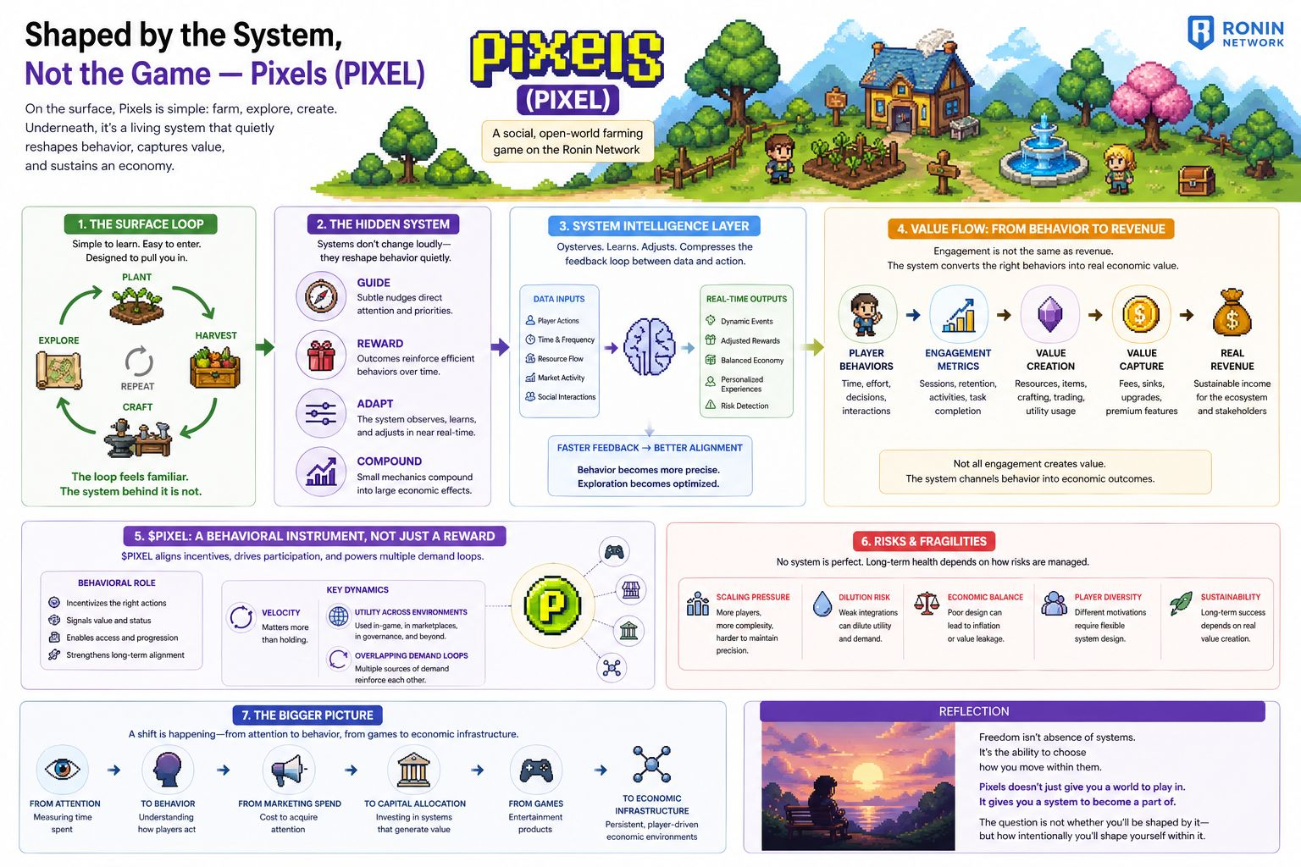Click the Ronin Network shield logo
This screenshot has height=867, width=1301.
1201,33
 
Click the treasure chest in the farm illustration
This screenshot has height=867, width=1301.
1196,179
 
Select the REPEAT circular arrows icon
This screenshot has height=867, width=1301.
138,362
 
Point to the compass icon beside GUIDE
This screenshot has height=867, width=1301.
321,296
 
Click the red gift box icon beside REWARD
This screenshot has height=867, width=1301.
321,356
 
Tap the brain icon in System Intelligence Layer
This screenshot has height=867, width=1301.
649,347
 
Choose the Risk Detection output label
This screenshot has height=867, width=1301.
744,406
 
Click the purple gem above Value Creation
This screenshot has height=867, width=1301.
1049,315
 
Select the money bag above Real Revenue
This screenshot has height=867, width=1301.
1232,314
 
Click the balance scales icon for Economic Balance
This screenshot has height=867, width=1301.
927,603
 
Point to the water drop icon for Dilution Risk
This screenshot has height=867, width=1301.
822,604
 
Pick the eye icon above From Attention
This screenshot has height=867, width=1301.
62,769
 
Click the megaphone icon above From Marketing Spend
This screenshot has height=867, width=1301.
288,770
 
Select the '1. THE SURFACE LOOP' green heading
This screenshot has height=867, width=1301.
141,224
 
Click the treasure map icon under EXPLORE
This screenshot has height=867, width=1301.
58,370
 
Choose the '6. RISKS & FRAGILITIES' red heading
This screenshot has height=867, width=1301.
923,541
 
